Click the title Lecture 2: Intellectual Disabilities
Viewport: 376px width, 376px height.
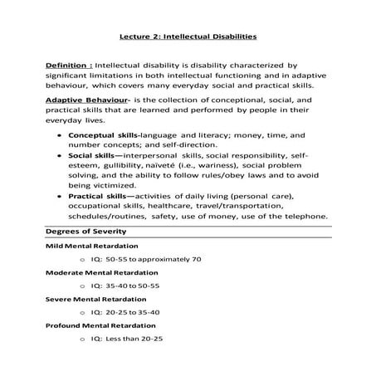(x=187, y=37)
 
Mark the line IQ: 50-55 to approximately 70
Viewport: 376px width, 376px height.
(x=145, y=259)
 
